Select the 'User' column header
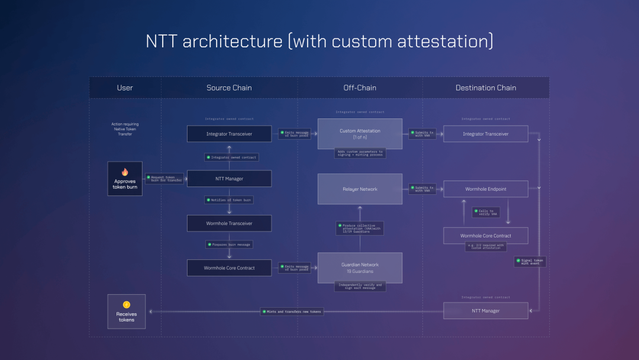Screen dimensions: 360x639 tap(125, 88)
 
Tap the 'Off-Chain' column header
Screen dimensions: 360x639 tap(360, 88)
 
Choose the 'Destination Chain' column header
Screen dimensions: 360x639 tap(486, 88)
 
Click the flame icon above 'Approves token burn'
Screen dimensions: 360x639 tap(125, 172)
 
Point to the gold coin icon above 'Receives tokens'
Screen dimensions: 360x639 tap(126, 304)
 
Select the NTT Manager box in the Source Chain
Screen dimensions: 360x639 tap(229, 178)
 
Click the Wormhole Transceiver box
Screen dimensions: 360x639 tap(229, 223)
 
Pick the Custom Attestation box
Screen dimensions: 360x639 tap(360, 134)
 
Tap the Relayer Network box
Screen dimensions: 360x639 tap(360, 189)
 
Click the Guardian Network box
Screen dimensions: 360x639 tap(360, 268)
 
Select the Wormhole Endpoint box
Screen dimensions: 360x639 tap(485, 189)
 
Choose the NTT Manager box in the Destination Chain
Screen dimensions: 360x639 tap(485, 310)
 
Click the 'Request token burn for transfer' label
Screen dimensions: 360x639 tap(164, 178)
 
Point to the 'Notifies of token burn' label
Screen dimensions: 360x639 tap(229, 200)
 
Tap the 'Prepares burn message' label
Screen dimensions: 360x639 tap(229, 244)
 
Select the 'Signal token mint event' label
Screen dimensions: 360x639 tap(530, 262)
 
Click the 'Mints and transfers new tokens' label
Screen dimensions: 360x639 tap(292, 311)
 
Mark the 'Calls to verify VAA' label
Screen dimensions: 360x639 tap(486, 212)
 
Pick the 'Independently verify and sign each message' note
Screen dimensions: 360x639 tap(360, 287)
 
